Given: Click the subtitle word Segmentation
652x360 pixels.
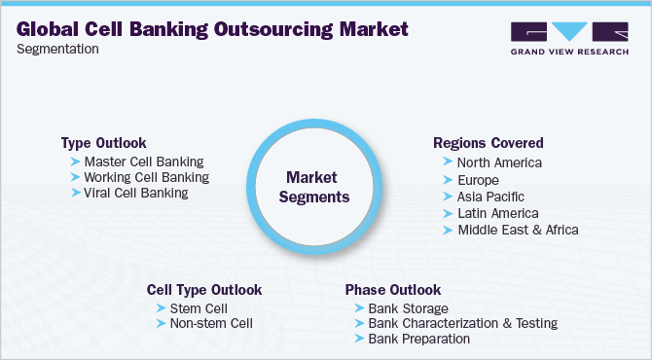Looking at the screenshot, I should coord(57,49).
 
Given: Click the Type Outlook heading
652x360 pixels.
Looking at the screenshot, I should coord(105,142).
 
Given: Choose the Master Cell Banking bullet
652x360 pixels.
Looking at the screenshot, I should coord(144,162).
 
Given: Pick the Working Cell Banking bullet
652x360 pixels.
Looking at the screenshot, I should coord(147,177).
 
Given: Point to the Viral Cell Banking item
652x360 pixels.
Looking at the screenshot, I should coord(136,193).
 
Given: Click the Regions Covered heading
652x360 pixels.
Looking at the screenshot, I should coord(488,143).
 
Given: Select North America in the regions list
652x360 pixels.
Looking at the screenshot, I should coord(499,162).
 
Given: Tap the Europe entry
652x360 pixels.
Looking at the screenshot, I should coord(477,180).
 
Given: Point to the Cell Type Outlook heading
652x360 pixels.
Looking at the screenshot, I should coord(203,290).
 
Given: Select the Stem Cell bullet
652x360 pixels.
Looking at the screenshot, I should coord(197,307).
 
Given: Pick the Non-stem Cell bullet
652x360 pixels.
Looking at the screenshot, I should coord(211,323).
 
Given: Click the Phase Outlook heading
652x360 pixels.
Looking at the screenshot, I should coord(392,290).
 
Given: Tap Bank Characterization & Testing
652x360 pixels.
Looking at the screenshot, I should coord(462,323).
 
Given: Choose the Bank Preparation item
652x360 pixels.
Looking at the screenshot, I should coord(418,339).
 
